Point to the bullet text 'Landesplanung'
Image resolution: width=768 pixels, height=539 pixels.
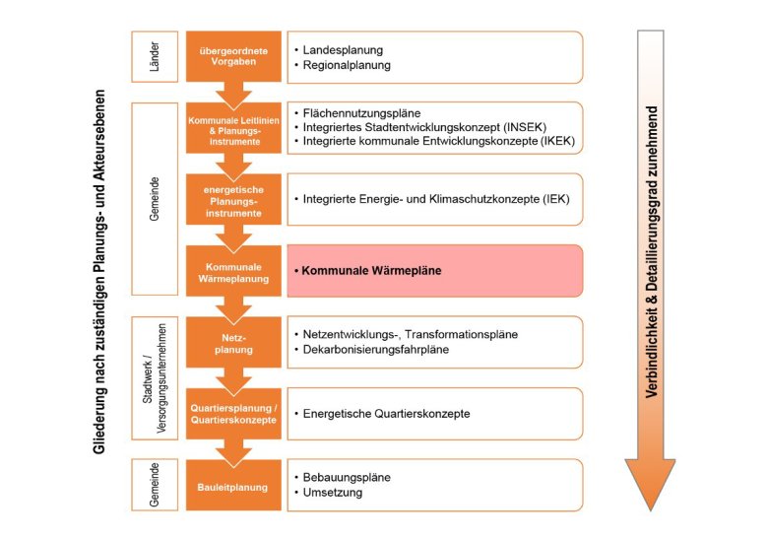click(343, 49)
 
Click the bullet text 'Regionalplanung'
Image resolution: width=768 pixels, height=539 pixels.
click(347, 65)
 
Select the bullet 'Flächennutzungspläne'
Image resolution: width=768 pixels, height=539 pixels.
click(362, 113)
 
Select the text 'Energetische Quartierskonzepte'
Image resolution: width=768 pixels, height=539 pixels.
click(389, 413)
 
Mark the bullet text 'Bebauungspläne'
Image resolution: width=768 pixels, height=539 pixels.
click(348, 477)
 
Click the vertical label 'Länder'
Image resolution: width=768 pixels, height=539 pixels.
click(155, 57)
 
